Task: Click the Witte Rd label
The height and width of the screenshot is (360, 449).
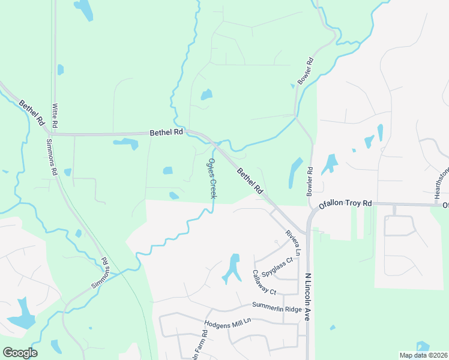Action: (x=55, y=115)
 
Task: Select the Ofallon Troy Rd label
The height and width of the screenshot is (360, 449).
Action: (x=345, y=204)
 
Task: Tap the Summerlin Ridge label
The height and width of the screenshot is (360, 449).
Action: (x=277, y=308)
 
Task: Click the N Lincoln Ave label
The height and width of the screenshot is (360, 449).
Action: (x=308, y=298)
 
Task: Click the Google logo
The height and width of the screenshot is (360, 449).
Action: (x=20, y=353)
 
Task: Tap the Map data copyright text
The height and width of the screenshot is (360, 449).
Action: (x=423, y=355)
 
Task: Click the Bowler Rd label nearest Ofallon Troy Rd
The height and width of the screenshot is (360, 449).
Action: (x=310, y=178)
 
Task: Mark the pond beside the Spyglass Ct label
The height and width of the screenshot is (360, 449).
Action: (x=232, y=268)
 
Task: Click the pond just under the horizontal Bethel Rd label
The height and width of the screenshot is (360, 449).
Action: (x=125, y=143)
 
